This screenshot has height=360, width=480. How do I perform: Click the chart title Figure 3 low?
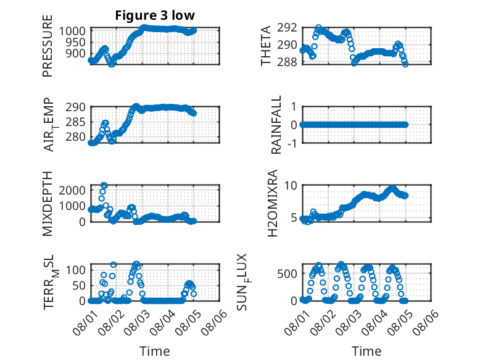(x=155, y=15)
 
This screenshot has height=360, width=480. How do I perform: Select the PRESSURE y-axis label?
(x=48, y=46)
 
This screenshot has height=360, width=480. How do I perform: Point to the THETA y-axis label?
(x=266, y=46)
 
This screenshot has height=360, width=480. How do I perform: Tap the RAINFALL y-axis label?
(x=276, y=125)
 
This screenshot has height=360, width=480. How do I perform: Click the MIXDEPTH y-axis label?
(x=48, y=203)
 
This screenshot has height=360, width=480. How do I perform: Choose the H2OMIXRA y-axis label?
(x=272, y=203)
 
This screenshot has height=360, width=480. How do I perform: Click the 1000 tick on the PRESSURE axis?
(x=72, y=31)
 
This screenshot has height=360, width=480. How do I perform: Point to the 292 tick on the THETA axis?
(x=287, y=28)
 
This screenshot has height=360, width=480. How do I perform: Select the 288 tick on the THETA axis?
(x=287, y=62)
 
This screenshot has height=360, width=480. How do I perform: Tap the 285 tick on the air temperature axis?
(x=75, y=122)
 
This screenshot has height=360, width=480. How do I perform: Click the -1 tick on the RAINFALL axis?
(x=292, y=143)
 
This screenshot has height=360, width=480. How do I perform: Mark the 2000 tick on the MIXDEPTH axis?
(x=72, y=190)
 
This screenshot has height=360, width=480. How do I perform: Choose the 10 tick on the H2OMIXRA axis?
(x=291, y=185)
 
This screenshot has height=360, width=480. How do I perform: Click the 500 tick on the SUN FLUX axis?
(x=287, y=274)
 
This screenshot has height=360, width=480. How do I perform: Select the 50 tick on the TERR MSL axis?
(x=79, y=286)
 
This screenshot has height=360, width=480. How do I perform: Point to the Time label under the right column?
(x=366, y=351)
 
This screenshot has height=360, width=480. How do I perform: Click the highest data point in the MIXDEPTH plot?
(x=104, y=185)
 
